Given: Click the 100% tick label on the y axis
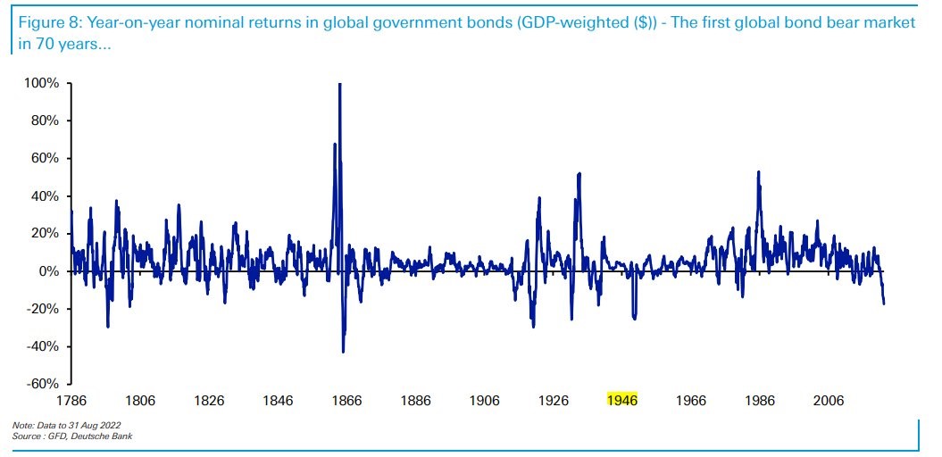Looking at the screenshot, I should coord(42,83).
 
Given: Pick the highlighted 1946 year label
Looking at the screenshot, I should coord(622,401).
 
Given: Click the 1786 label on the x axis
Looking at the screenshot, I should coord(71,401).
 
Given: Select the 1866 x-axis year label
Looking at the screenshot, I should coord(346,401).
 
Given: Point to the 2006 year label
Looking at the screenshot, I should coord(829,401).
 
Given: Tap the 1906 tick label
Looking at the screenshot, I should coord(485,401).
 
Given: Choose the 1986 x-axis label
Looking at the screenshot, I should coord(760,401).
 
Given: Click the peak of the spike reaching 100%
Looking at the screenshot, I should coord(339,85).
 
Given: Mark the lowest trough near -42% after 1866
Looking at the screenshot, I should coord(344,351).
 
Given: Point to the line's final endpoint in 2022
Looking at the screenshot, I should coord(884,303).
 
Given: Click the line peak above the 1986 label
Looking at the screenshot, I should coord(758,172).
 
